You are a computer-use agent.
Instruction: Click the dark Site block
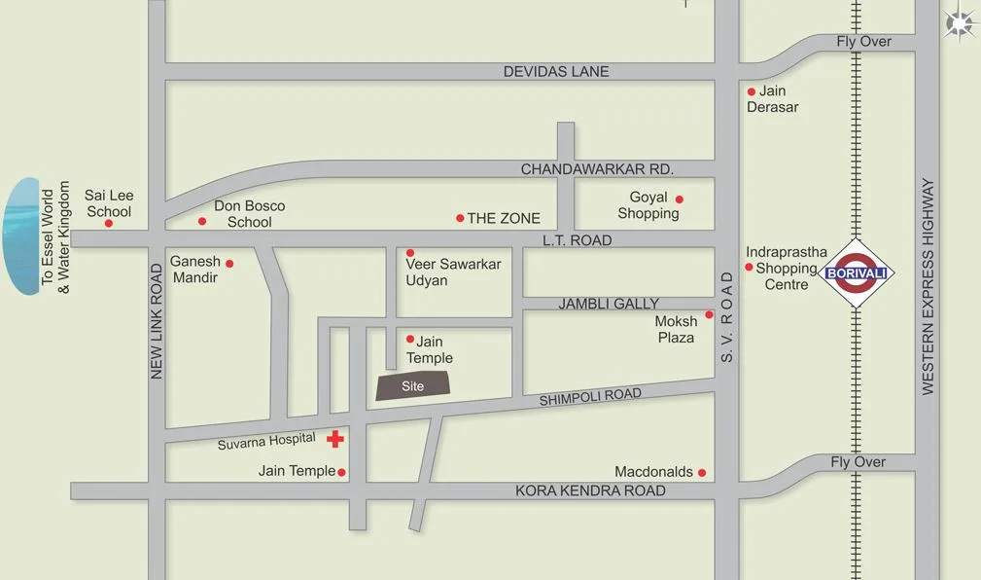click(x=414, y=385)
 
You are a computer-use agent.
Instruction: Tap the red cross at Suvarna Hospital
click(x=335, y=439)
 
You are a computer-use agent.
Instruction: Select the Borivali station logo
click(x=857, y=272)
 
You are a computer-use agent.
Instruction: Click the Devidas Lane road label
click(x=556, y=71)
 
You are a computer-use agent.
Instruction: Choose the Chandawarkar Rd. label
click(x=597, y=169)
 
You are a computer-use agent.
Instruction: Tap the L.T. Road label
click(x=578, y=240)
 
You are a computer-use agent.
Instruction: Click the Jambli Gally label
click(x=609, y=304)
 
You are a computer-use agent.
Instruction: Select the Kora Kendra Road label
click(x=590, y=490)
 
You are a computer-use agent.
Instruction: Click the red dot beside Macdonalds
click(x=702, y=473)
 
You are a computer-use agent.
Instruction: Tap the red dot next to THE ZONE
click(x=460, y=218)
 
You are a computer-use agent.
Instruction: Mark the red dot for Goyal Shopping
click(x=680, y=199)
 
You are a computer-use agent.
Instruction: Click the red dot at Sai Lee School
click(x=109, y=223)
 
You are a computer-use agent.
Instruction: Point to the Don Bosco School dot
click(x=202, y=221)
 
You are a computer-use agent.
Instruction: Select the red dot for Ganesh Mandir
click(x=229, y=264)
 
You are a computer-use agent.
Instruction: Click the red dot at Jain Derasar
click(x=751, y=92)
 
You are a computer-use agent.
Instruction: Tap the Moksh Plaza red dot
click(x=709, y=314)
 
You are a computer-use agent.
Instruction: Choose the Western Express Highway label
click(x=928, y=286)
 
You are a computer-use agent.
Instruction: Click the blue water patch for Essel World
click(x=21, y=236)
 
